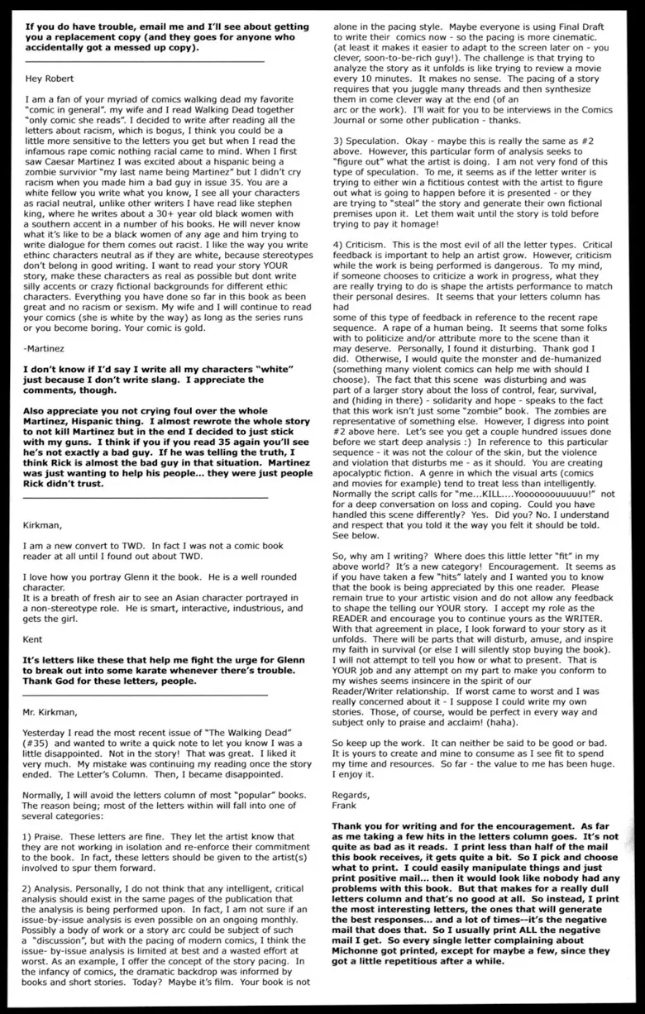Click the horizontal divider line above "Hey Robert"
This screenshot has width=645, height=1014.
[146, 61]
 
